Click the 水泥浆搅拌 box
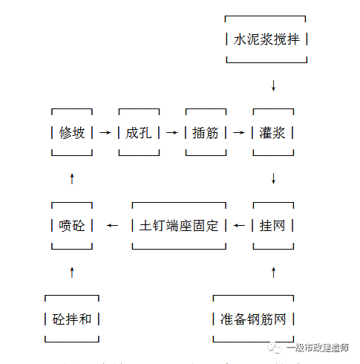[266, 39]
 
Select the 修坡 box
[72, 133]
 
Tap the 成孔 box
[139, 133]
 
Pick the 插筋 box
[205, 133]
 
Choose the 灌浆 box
[273, 133]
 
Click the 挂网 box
[273, 225]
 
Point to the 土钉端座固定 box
[179, 225]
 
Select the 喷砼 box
[72, 225]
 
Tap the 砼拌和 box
[72, 319]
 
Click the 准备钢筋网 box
[253, 319]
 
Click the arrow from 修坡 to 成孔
[105, 133]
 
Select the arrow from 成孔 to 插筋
[172, 133]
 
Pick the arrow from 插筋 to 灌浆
[238, 133]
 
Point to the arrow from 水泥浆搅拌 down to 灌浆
[273, 85]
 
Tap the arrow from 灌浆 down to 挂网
[273, 179]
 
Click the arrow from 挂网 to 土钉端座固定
[239, 225]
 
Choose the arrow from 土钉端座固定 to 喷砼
[112, 225]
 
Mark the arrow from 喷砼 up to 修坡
[72, 178]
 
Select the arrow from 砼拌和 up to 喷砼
[72, 273]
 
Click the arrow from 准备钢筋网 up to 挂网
[273, 273]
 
